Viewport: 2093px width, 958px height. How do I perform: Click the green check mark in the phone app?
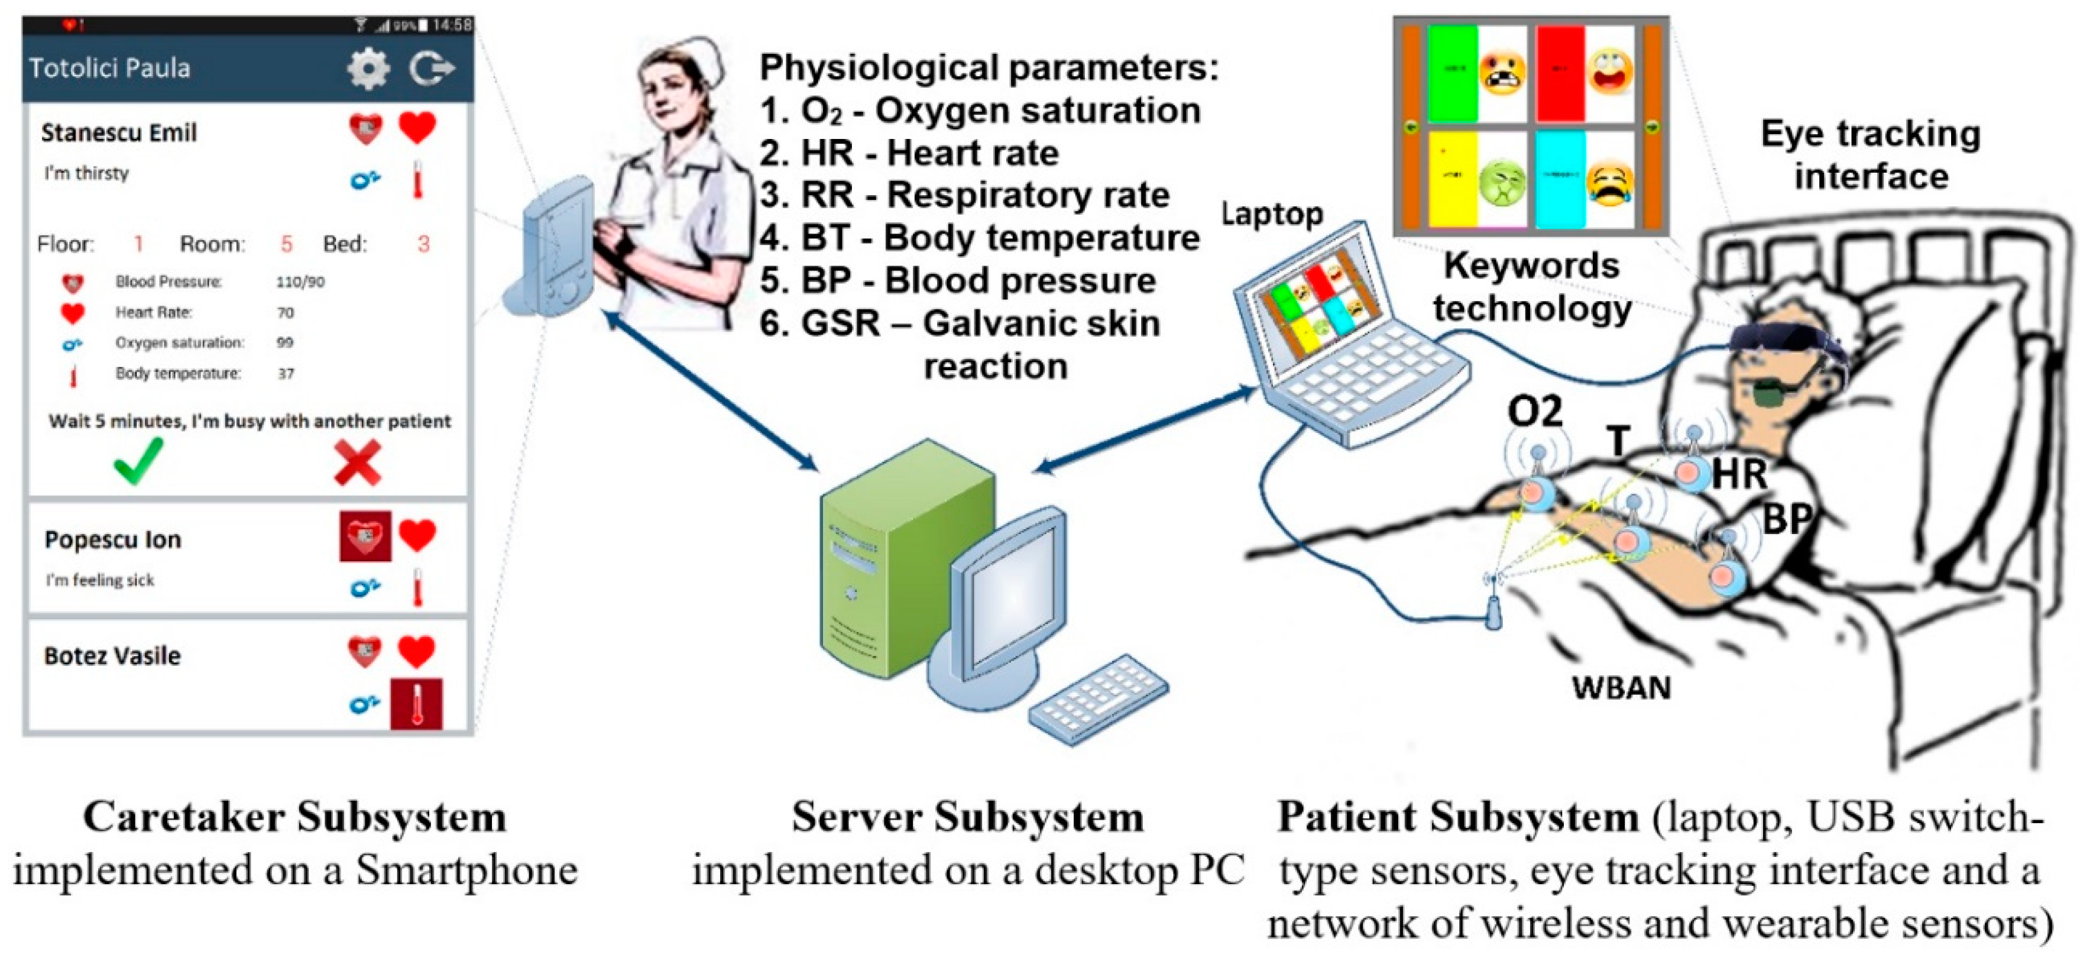pyautogui.click(x=138, y=461)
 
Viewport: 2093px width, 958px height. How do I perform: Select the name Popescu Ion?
pyautogui.click(x=112, y=539)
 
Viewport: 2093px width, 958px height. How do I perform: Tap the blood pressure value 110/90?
pyautogui.click(x=300, y=282)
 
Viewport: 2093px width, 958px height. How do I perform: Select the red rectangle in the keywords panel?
pyautogui.click(x=1560, y=73)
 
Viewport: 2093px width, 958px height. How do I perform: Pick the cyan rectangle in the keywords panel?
pyautogui.click(x=1560, y=179)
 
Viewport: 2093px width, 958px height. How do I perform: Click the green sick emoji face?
pyautogui.click(x=1502, y=182)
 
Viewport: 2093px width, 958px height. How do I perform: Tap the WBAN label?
pyautogui.click(x=1621, y=688)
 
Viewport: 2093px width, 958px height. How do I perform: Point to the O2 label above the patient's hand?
pyautogui.click(x=1534, y=412)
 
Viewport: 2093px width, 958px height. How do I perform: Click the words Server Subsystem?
pyautogui.click(x=968, y=817)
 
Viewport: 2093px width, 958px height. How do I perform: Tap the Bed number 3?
pyautogui.click(x=423, y=244)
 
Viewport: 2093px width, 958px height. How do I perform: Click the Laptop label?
pyautogui.click(x=1272, y=213)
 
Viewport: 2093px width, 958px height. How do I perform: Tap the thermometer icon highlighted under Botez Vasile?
pyautogui.click(x=417, y=703)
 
